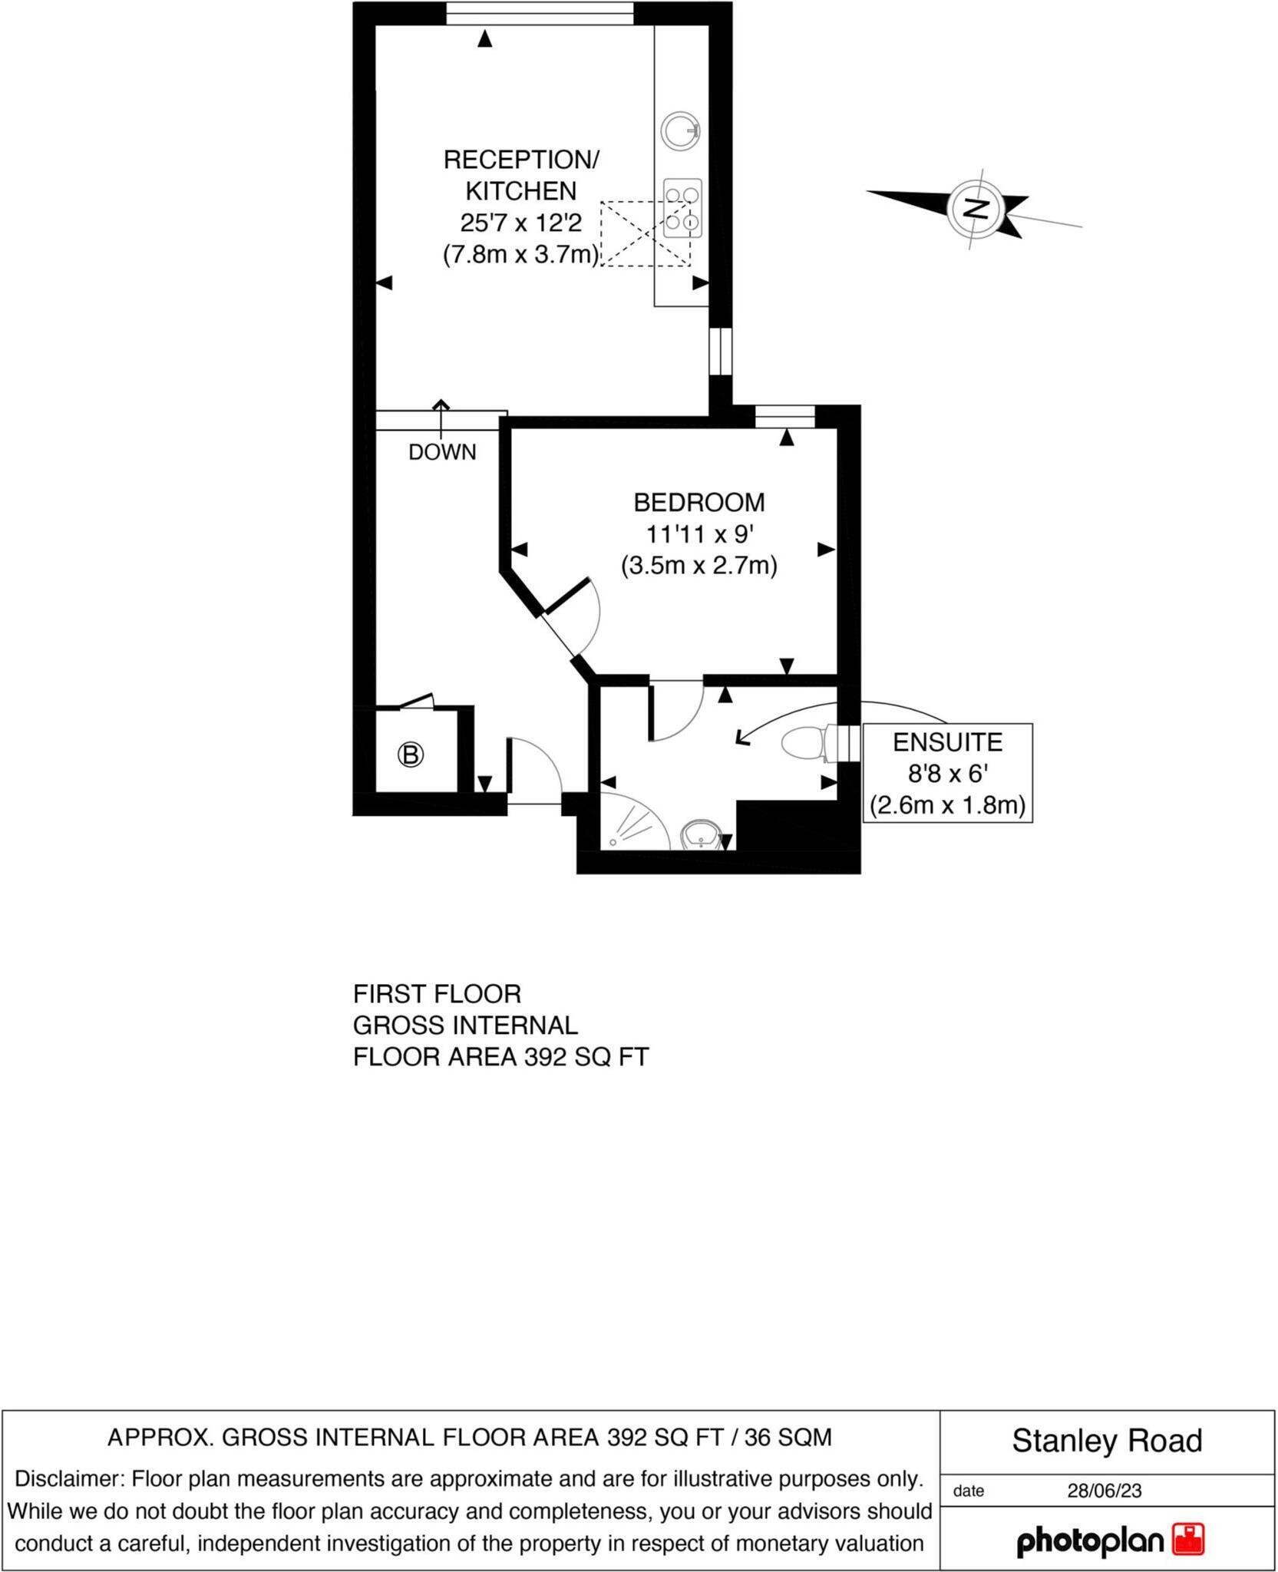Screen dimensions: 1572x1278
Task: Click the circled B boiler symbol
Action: pyautogui.click(x=411, y=755)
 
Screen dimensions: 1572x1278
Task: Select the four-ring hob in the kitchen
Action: pyautogui.click(x=682, y=207)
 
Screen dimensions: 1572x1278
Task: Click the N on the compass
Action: pyautogui.click(x=975, y=208)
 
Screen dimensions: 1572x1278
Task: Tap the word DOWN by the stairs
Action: pyautogui.click(x=442, y=452)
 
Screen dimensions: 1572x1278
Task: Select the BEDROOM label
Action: pyautogui.click(x=698, y=502)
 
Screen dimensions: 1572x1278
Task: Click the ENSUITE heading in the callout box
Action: pyautogui.click(x=947, y=742)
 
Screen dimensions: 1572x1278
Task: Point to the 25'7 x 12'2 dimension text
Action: pyautogui.click(x=521, y=223)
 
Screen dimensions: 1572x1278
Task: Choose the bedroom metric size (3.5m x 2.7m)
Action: pyautogui.click(x=698, y=566)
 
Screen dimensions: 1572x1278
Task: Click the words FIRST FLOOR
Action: pyautogui.click(x=437, y=994)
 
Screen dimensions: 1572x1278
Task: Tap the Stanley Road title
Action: pyautogui.click(x=1106, y=1441)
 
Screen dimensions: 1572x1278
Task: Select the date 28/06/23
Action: pyautogui.click(x=1104, y=1491)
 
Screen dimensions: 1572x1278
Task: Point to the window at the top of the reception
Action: pyautogui.click(x=540, y=14)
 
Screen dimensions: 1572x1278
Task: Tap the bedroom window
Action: pyautogui.click(x=784, y=416)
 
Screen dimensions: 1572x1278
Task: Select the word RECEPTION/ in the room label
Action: pyautogui.click(x=521, y=160)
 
